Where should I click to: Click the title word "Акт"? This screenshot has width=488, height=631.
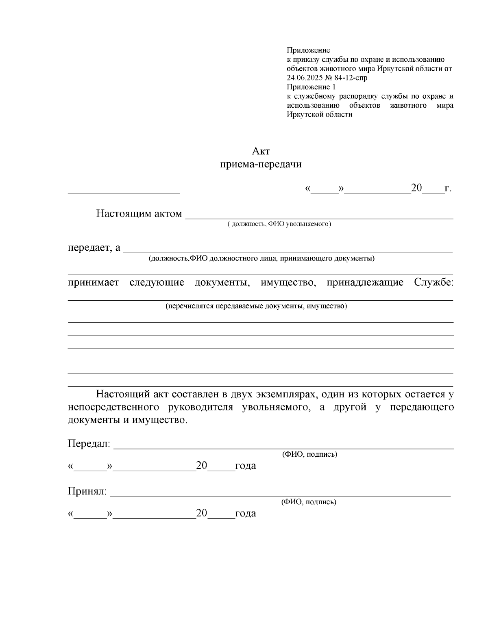click(x=261, y=151)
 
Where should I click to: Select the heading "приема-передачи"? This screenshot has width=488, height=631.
click(x=261, y=165)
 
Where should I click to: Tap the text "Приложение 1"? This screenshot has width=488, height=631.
click(x=311, y=87)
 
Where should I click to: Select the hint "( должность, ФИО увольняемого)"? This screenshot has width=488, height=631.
click(x=279, y=224)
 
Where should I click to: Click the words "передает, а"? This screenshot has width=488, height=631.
click(x=94, y=247)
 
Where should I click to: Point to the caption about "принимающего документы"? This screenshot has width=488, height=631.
click(x=261, y=258)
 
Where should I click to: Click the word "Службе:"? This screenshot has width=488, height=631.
click(x=434, y=282)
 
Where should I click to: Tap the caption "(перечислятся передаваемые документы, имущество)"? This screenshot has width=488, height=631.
click(x=256, y=306)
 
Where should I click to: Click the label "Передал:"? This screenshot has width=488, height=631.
click(x=89, y=444)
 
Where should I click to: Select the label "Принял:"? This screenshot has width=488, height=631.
click(x=87, y=492)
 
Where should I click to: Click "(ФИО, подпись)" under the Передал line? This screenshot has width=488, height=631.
click(x=309, y=454)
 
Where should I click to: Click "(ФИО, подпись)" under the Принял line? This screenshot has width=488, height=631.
click(x=309, y=502)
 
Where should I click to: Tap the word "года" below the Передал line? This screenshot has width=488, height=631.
click(x=245, y=466)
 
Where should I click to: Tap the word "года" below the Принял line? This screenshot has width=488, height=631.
click(x=245, y=513)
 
